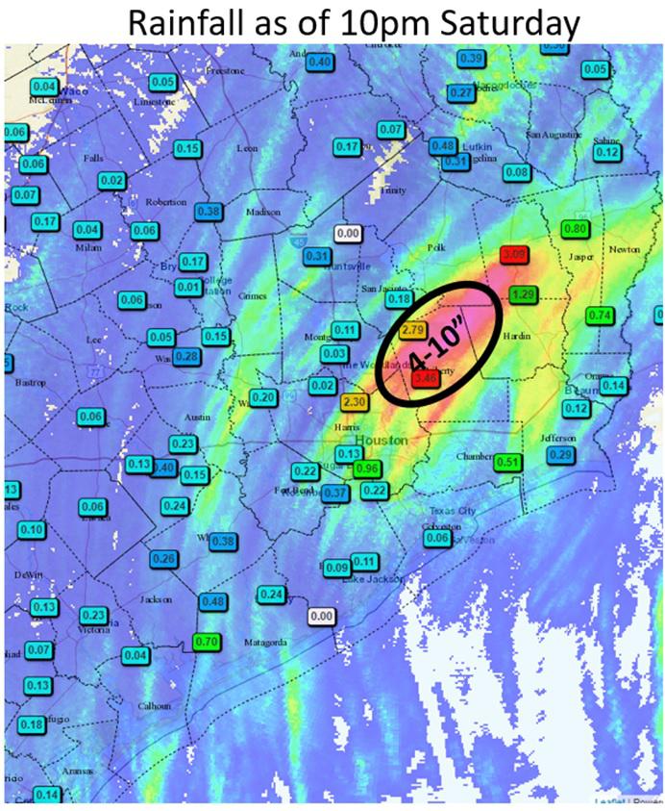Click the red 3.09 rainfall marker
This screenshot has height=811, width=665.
pyautogui.click(x=514, y=255)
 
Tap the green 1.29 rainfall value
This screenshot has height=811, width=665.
pyautogui.click(x=524, y=294)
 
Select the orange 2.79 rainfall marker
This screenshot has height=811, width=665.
pyautogui.click(x=414, y=331)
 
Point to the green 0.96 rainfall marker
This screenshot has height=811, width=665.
pyautogui.click(x=365, y=469)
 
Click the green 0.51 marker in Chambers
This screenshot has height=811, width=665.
pyautogui.click(x=508, y=463)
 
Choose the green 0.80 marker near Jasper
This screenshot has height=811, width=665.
pyautogui.click(x=575, y=229)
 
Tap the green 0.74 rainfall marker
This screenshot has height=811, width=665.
pyautogui.click(x=600, y=316)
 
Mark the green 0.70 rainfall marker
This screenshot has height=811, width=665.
pyautogui.click(x=207, y=642)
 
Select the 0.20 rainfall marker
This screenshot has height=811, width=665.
pyautogui.click(x=265, y=398)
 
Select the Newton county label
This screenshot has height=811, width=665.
pyautogui.click(x=624, y=249)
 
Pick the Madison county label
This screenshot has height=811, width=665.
pyautogui.click(x=262, y=212)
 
